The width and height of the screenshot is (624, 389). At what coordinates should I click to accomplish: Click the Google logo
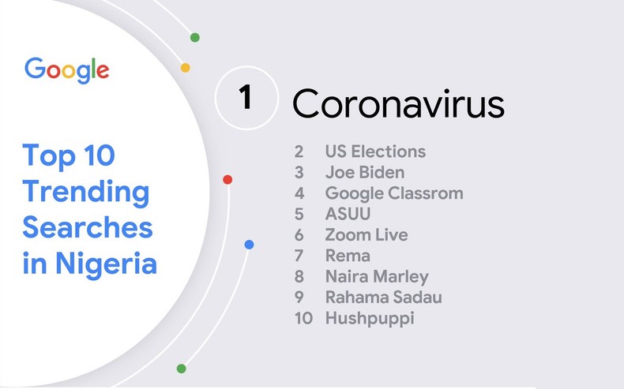(x=67, y=70)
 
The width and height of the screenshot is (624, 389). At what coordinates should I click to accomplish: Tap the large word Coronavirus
(x=398, y=103)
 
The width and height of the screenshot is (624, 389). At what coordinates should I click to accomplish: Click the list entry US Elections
(x=375, y=151)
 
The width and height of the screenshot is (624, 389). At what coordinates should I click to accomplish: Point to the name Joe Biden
(x=365, y=172)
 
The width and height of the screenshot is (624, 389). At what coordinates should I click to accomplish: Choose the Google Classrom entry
(x=394, y=193)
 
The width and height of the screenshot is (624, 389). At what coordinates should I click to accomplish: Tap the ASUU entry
(x=348, y=214)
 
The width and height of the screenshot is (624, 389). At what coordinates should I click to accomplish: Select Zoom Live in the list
(x=367, y=234)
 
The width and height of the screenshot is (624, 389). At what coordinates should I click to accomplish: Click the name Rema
(x=348, y=256)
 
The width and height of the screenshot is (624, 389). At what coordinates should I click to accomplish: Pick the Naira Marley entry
(x=377, y=276)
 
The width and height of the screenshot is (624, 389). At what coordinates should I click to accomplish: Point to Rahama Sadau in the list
(x=383, y=297)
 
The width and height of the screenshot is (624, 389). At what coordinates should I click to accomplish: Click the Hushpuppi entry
(x=370, y=319)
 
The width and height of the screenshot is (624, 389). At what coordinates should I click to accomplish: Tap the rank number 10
(x=303, y=319)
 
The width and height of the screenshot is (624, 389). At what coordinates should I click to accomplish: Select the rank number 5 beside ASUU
(x=299, y=214)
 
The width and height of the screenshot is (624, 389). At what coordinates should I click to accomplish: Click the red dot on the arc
(x=227, y=180)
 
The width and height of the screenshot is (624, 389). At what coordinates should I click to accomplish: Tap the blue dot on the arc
(x=249, y=245)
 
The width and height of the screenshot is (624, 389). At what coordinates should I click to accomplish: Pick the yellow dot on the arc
(x=186, y=68)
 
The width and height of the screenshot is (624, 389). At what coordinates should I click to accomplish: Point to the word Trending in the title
(x=86, y=191)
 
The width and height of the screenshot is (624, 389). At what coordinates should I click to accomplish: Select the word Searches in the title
(x=88, y=227)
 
